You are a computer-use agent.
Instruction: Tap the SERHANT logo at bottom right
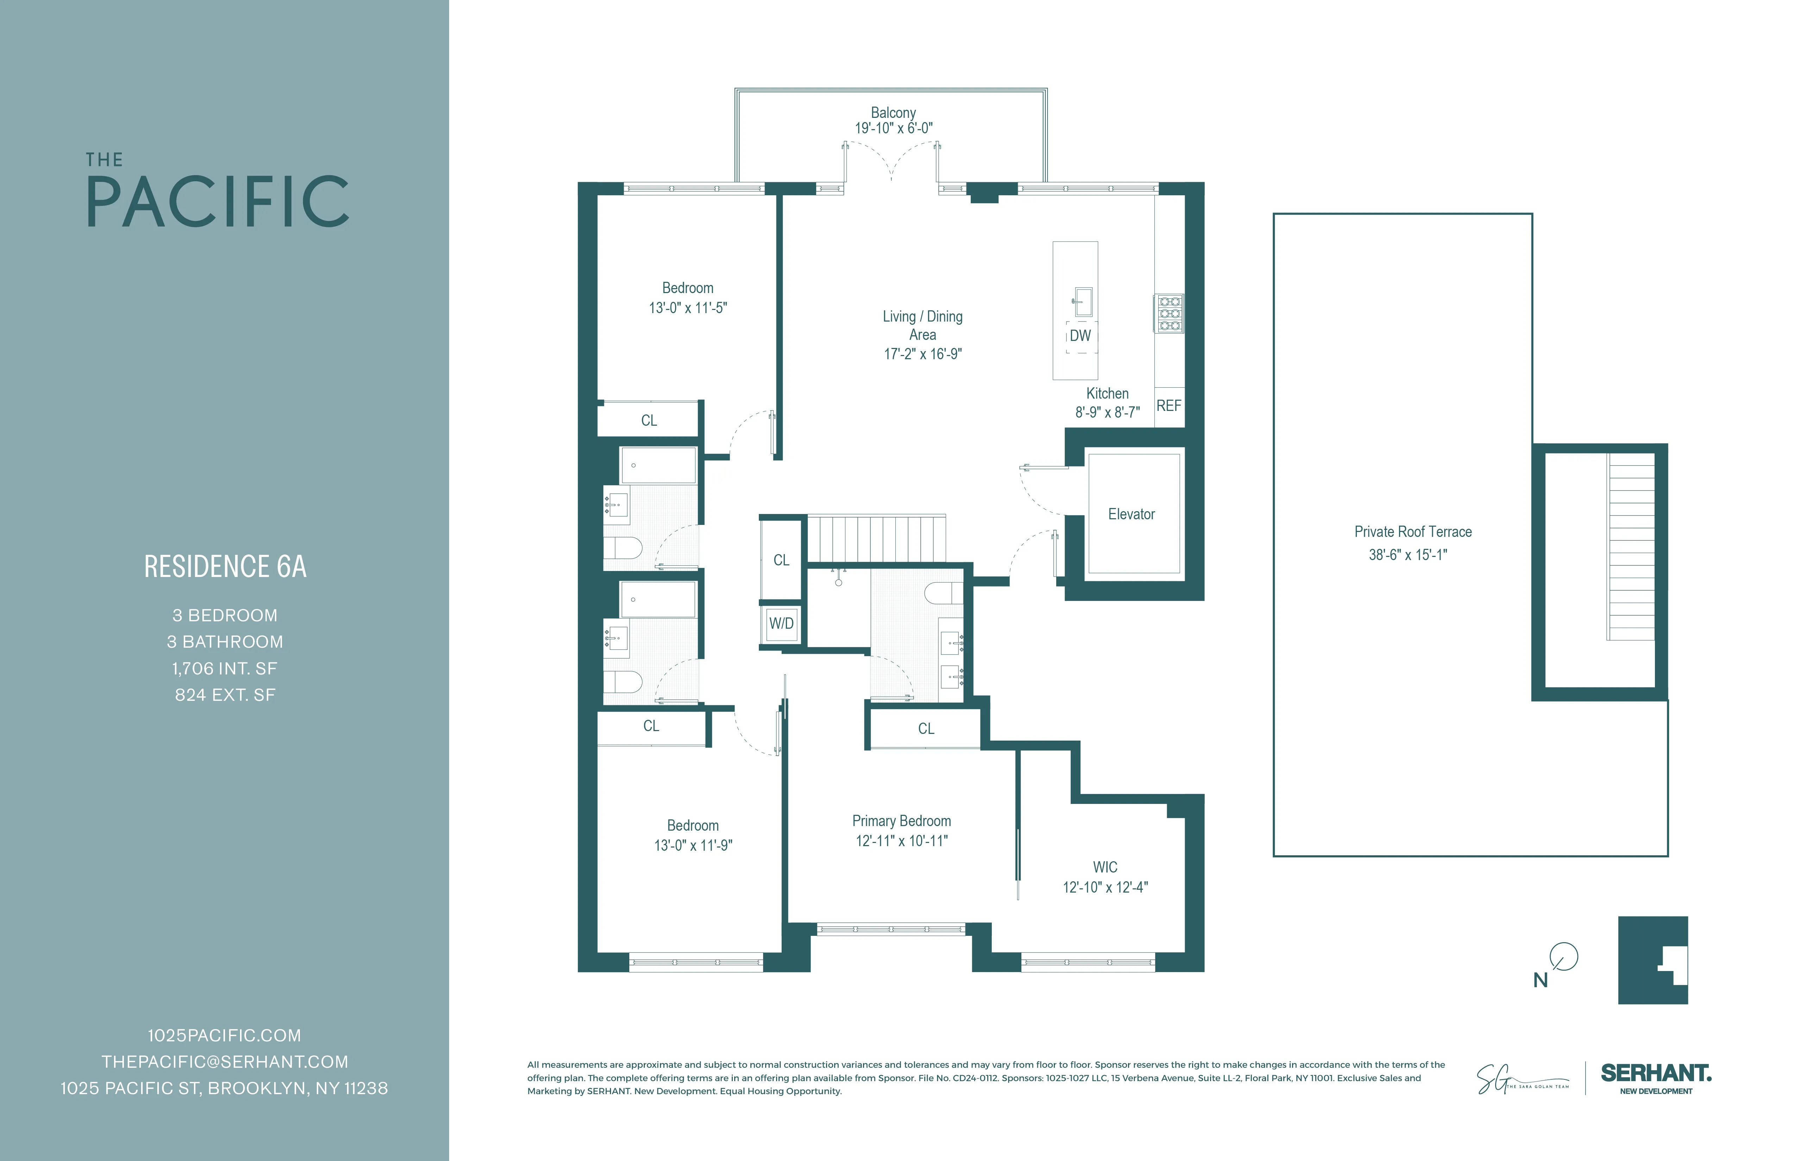point(1656,1073)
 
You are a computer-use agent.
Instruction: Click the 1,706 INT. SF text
point(225,669)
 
